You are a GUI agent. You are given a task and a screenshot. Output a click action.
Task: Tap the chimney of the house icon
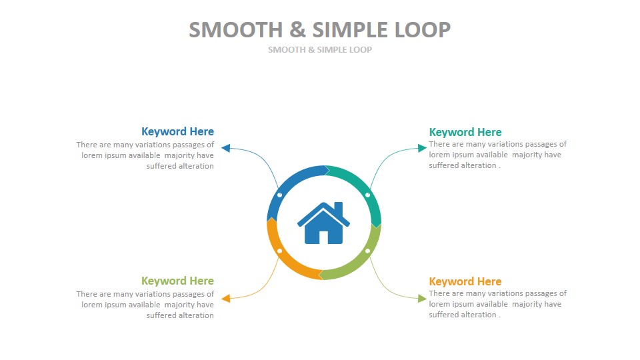339,208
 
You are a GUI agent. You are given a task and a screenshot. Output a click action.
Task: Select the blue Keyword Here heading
177,131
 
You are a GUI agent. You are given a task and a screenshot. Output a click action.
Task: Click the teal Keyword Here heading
465,132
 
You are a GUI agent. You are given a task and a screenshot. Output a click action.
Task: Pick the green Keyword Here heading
177,281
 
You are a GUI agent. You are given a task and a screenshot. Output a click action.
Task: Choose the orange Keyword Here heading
465,281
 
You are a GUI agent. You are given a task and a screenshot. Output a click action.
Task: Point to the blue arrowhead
226,148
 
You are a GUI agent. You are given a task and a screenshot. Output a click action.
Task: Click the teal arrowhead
422,148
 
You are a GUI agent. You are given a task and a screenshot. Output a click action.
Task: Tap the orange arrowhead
226,299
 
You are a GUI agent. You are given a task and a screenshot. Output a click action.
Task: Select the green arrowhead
422,299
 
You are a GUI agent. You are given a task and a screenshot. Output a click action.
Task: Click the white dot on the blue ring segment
279,195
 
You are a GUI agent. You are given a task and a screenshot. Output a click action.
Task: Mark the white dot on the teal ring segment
367,195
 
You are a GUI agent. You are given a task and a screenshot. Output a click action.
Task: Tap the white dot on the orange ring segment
279,251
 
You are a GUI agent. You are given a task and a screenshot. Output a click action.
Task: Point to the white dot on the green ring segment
367,251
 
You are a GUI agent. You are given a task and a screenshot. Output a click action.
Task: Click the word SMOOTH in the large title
236,30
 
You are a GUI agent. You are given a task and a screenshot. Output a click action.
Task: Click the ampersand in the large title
297,30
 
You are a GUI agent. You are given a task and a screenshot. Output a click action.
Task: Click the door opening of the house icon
323,237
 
